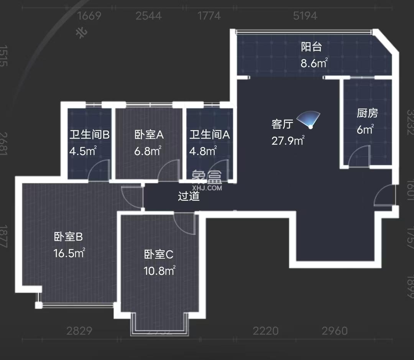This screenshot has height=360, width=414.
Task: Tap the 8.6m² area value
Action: tap(314, 63)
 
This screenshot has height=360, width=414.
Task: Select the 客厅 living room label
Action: tap(283, 124)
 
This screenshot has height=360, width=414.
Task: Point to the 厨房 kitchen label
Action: tap(367, 113)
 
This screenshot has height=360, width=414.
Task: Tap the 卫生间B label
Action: tap(89, 135)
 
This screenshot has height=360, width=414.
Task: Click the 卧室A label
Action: tap(149, 135)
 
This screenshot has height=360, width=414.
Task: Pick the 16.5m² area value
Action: tap(69, 253)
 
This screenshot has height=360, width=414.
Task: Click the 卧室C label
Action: tap(159, 254)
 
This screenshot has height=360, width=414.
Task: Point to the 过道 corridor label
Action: tap(189, 197)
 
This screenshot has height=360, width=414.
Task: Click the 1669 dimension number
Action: tap(89, 16)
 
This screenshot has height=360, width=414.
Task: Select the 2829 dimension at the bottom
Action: tap(79, 331)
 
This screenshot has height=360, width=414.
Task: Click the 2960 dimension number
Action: tap(334, 331)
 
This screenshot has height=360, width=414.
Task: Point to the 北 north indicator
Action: tap(82, 33)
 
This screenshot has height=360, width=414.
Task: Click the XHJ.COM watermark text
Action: tap(207, 188)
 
